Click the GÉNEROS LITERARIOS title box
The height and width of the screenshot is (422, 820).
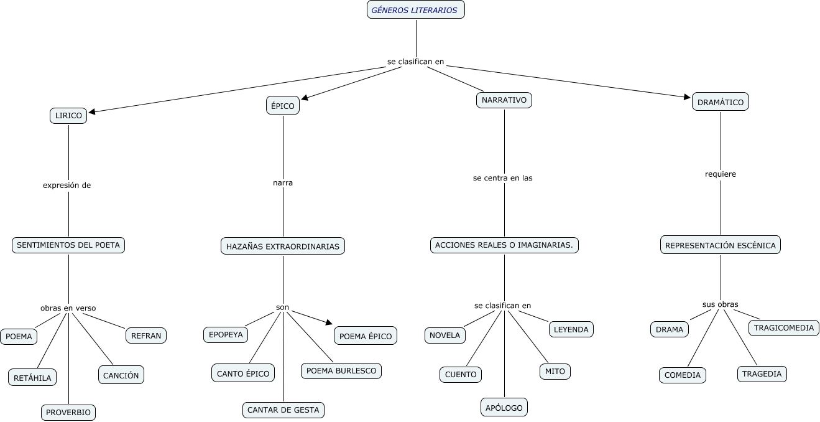coord(415,10)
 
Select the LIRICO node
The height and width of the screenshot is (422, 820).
coord(68,116)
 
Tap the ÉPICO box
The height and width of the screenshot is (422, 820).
coord(283,106)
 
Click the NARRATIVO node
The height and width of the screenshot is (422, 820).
coord(504,100)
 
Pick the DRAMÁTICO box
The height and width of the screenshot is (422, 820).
coord(720,102)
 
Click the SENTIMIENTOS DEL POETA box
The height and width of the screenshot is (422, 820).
coord(68,245)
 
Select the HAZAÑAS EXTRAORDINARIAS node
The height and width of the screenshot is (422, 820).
coord(283,246)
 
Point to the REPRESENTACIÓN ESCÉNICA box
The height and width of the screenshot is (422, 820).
coord(720,245)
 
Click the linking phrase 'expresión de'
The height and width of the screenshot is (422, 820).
coord(67,185)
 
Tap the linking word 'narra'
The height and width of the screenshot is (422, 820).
coord(283,183)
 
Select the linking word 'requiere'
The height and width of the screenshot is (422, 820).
coord(720,174)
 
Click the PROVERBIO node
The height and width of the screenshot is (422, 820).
coord(68,412)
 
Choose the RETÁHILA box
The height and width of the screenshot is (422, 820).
coord(32,377)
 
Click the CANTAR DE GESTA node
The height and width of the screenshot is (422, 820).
coord(283,410)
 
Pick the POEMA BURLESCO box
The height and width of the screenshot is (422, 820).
coord(341,371)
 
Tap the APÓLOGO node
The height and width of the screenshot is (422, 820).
coord(504,407)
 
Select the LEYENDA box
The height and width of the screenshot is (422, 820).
coord(571,329)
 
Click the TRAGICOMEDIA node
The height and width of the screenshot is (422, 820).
coord(783,327)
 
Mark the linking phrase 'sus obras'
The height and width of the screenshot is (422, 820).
coord(720,304)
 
